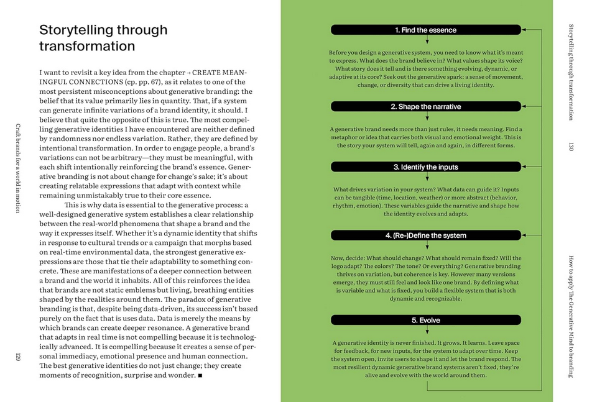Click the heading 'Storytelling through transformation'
coord(103,38)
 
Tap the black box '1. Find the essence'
coord(426,30)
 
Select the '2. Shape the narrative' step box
coord(426,107)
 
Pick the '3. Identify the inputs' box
coord(426,167)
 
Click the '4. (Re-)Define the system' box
coord(426,235)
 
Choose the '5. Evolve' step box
coord(426,320)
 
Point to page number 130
coord(570,146)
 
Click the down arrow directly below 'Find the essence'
coord(427,41)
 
